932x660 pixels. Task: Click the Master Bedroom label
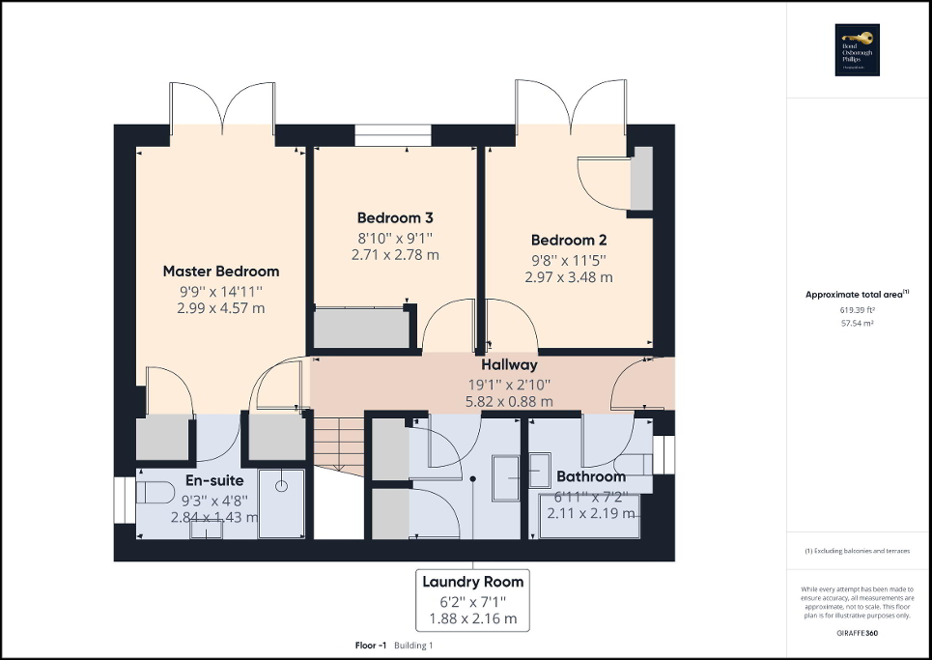220,272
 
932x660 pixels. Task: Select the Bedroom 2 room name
568,240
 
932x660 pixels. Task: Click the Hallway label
509,365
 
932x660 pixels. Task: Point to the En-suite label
214,480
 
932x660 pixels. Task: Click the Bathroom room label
591,476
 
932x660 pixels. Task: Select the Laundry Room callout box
473,598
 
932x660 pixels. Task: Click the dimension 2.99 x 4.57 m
220,308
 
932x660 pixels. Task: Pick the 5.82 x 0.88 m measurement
509,401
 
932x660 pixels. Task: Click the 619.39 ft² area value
858,310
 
